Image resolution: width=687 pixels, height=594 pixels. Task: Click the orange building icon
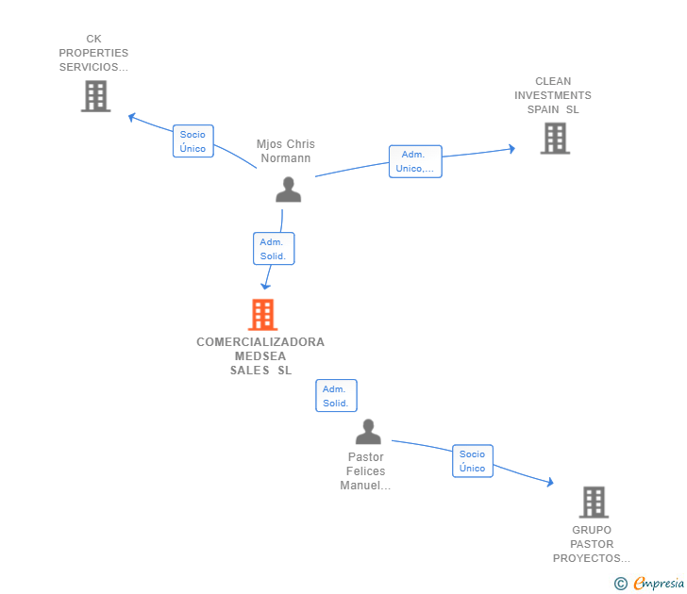pyautogui.click(x=263, y=314)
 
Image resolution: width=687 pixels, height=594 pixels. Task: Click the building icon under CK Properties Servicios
pyautogui.click(x=95, y=96)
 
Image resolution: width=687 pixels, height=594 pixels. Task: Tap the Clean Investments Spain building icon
pyautogui.click(x=555, y=139)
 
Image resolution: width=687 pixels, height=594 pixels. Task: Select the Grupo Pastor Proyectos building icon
pyautogui.click(x=594, y=503)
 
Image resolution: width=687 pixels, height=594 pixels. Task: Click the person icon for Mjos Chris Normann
pyautogui.click(x=289, y=190)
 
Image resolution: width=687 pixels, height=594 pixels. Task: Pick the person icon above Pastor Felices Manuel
pyautogui.click(x=368, y=432)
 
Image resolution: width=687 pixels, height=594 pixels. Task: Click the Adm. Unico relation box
pyautogui.click(x=415, y=161)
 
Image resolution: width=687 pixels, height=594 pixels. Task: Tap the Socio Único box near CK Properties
pyautogui.click(x=193, y=140)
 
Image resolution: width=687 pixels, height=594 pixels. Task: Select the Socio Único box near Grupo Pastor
pyautogui.click(x=473, y=461)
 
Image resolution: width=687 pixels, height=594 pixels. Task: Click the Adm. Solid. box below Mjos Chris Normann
pyautogui.click(x=274, y=249)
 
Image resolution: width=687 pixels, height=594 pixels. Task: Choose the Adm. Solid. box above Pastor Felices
pyautogui.click(x=337, y=396)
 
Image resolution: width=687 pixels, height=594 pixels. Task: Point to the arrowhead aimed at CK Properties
pyautogui.click(x=131, y=117)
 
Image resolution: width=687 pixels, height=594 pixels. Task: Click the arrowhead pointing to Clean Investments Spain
pyautogui.click(x=511, y=149)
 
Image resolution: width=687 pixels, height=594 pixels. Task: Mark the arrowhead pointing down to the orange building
pyautogui.click(x=265, y=287)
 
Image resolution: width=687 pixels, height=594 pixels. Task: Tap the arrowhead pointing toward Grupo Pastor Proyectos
pyautogui.click(x=550, y=482)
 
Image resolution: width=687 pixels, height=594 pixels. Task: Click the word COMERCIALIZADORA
pyautogui.click(x=260, y=342)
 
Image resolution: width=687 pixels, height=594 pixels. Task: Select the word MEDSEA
pyautogui.click(x=260, y=356)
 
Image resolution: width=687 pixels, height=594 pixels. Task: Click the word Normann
pyautogui.click(x=286, y=158)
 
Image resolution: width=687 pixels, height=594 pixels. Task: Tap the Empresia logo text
pyautogui.click(x=659, y=584)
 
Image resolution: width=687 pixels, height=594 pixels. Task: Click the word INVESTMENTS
pyautogui.click(x=552, y=95)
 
